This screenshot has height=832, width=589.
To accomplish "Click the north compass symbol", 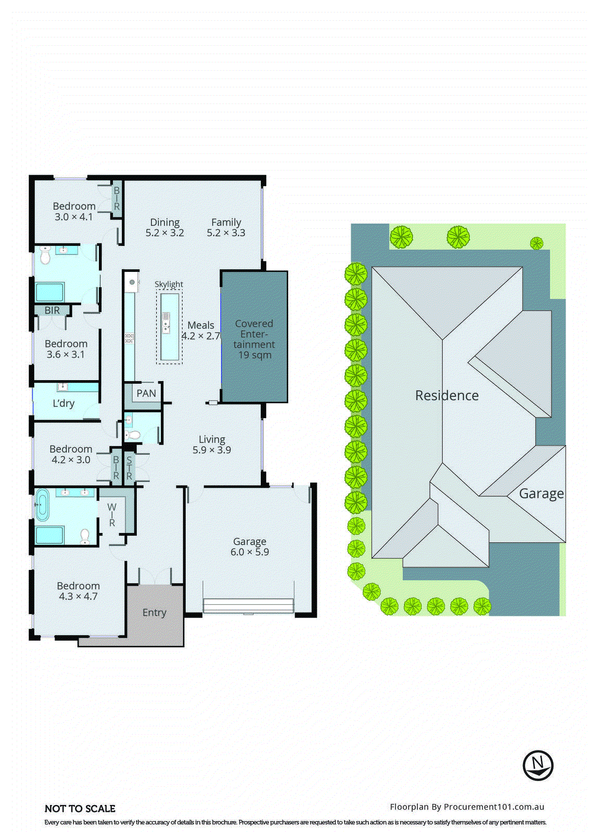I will tap(537, 765).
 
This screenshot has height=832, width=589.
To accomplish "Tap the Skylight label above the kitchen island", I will tap(169, 284).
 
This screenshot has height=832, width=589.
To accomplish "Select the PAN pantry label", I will tap(146, 394).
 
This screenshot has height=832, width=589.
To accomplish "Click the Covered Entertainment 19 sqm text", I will tap(254, 339).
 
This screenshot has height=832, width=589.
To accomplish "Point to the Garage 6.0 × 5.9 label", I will tap(250, 547).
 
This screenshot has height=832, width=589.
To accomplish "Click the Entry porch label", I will tap(155, 613).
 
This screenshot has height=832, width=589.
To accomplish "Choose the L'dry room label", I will tap(63, 403).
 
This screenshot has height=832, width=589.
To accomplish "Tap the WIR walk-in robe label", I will tap(112, 515).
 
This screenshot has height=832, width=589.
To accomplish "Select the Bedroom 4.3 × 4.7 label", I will tap(78, 591).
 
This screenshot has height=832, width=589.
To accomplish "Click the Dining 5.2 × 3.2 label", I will tap(165, 227).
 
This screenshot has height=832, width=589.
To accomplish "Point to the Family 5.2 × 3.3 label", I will tap(226, 227).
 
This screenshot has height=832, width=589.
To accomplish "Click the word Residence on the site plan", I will tap(446, 395).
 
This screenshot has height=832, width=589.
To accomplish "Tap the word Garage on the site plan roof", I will tap(541, 493).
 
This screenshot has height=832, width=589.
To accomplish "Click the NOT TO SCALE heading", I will tap(80, 809).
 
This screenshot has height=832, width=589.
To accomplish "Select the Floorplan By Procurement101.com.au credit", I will tap(467, 807).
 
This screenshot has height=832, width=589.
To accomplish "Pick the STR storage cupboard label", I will tap(129, 467).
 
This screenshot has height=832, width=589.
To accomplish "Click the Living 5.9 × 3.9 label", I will tap(212, 445).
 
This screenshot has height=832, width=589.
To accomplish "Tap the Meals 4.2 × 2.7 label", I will tap(201, 330).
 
